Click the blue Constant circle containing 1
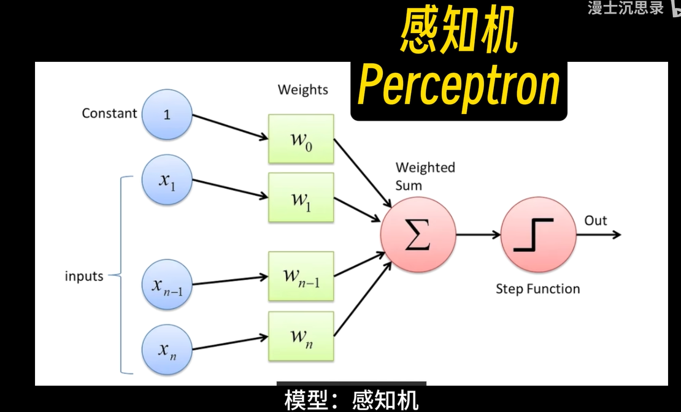[x=167, y=114]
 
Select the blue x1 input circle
[x=167, y=181]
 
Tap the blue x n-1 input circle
[x=167, y=285]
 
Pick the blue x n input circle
[x=167, y=351]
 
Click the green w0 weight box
[x=301, y=139]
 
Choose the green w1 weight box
[x=301, y=197]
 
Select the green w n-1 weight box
[x=301, y=275]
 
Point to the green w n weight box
[x=301, y=335]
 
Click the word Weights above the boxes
[x=303, y=90]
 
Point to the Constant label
[x=109, y=113]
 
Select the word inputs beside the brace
[x=84, y=277]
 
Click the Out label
[x=596, y=221]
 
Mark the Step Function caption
[x=538, y=289]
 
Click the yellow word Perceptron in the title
[x=458, y=86]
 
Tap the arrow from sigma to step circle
[x=478, y=234]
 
